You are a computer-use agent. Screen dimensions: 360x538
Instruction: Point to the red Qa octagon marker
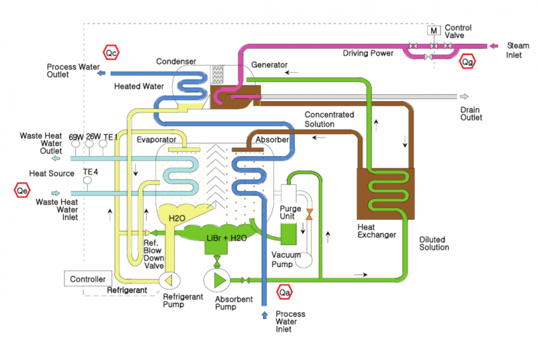(x=285, y=291)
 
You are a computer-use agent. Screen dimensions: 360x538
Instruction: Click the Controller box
(x=87, y=279)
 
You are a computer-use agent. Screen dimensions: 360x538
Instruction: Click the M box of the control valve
(x=434, y=31)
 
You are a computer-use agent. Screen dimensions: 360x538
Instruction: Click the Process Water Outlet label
(x=71, y=71)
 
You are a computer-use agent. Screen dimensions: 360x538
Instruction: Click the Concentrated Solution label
(x=329, y=119)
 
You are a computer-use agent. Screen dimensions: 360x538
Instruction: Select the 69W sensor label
(x=75, y=137)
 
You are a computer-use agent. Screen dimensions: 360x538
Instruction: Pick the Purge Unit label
(x=291, y=213)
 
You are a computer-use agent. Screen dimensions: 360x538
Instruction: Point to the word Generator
(x=269, y=65)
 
